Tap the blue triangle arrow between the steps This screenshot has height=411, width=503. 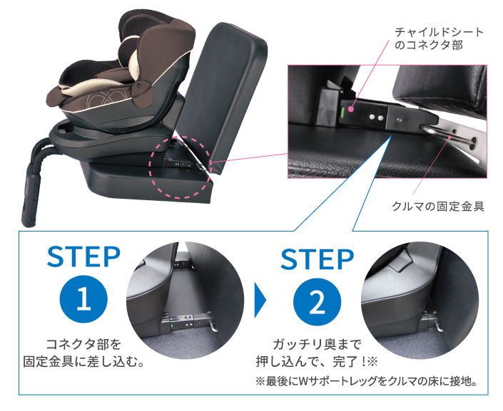point(260,302)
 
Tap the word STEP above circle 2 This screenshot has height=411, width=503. point(317,259)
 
